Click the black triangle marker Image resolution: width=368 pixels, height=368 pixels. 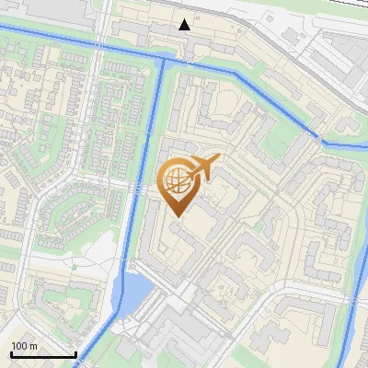(185, 24)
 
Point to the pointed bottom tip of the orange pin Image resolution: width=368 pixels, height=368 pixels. (175, 216)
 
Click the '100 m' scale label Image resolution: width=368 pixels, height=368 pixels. (24, 346)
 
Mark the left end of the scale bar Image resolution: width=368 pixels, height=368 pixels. (11, 354)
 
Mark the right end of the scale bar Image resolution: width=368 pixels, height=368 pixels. (75, 354)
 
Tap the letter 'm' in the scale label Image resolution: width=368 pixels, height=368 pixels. (33, 346)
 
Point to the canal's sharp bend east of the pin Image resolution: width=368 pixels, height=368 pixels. (322, 141)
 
